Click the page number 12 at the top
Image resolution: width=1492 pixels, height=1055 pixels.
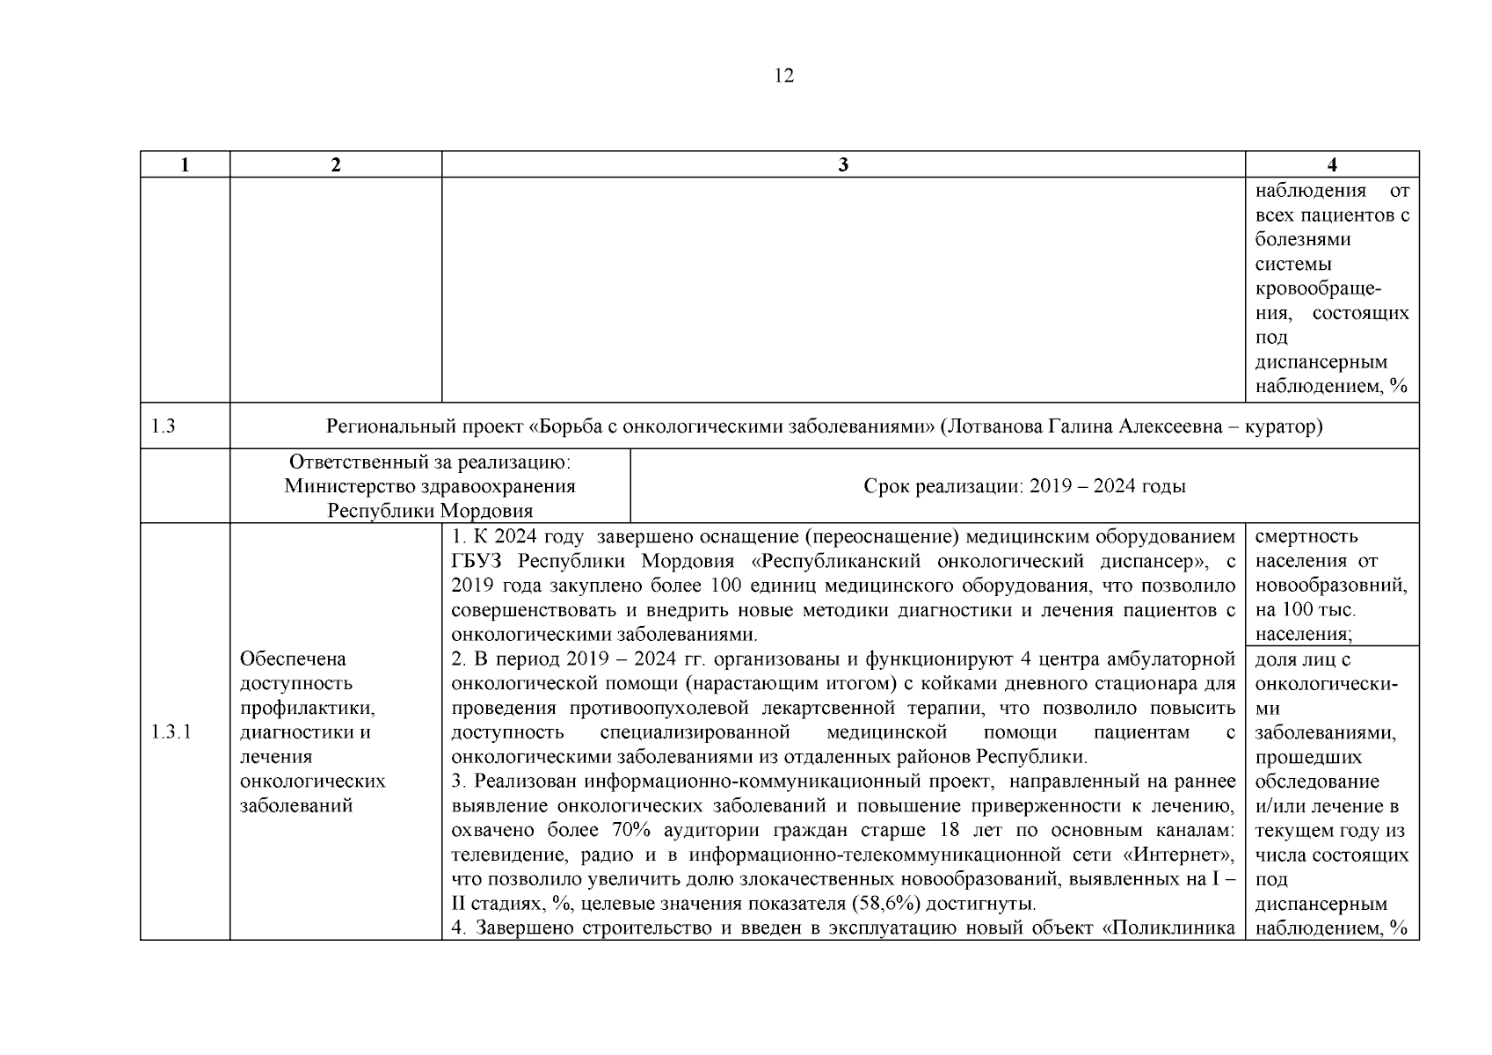783,76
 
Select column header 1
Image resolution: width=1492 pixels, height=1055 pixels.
185,165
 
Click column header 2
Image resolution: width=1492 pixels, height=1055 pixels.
336,165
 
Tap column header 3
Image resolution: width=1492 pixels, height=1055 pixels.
843,165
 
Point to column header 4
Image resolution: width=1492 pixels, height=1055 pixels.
1331,165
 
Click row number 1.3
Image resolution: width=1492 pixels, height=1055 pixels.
163,426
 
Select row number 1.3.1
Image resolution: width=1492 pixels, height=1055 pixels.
171,732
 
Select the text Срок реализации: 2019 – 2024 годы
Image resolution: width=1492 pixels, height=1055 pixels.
1024,486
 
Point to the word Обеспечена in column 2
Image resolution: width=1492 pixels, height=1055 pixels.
293,658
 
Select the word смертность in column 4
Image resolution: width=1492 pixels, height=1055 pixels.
1306,536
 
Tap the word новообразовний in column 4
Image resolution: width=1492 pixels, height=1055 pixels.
1330,586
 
